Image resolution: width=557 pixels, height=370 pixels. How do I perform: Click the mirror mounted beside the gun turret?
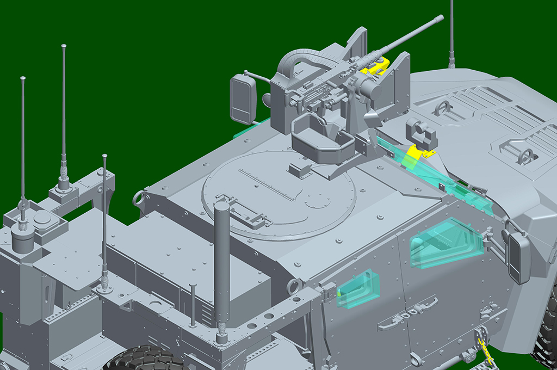[243, 100]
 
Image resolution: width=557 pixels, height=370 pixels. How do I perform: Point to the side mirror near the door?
[519, 257]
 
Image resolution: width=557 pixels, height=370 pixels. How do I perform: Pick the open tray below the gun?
[321, 139]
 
